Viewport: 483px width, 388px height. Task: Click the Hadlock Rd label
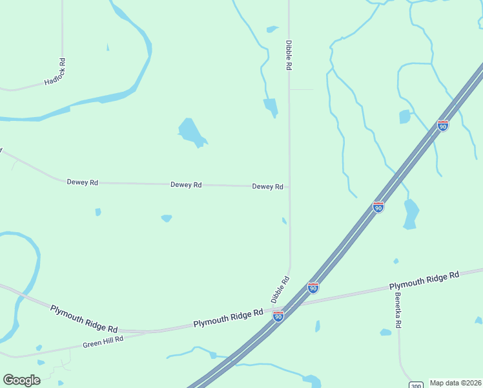click(55, 72)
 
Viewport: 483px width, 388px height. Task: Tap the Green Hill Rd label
click(103, 341)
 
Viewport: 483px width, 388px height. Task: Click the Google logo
click(21, 380)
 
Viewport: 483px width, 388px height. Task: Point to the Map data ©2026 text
click(455, 383)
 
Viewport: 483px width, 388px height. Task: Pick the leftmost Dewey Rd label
click(82, 182)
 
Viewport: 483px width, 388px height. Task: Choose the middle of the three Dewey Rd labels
click(186, 184)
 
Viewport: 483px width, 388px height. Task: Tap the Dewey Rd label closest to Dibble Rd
click(267, 186)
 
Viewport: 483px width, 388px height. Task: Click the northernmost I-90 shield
click(442, 125)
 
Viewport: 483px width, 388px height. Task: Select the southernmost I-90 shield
click(278, 316)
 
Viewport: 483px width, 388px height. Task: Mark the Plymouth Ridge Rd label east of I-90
click(424, 280)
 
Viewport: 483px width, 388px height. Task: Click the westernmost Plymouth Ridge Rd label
click(84, 319)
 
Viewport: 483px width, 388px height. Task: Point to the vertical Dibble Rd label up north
click(289, 54)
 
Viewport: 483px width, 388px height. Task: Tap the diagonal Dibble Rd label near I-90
click(280, 290)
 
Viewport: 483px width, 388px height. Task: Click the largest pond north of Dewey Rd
click(191, 132)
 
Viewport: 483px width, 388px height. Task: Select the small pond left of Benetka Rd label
click(385, 332)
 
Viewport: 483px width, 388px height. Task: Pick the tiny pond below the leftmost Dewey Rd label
click(98, 211)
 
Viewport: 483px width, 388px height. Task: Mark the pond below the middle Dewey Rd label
click(167, 218)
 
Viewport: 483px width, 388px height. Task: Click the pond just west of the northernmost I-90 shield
click(405, 117)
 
